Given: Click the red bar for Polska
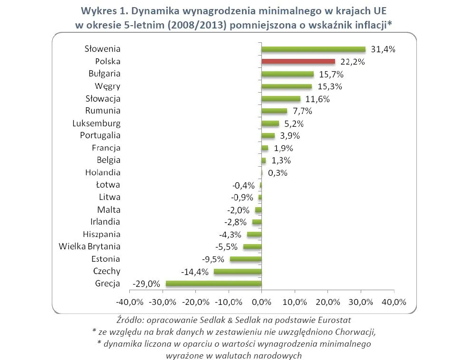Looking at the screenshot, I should click(x=298, y=61).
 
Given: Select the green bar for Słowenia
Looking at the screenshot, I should click(x=313, y=49).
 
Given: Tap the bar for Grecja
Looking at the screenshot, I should click(x=213, y=284).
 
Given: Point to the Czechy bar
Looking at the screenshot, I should click(x=238, y=271).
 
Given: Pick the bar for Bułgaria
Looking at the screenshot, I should click(x=288, y=74).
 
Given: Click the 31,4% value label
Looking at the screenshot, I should click(x=383, y=49).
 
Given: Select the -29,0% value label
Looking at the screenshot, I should click(x=145, y=284).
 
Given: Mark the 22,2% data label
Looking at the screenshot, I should click(x=352, y=62).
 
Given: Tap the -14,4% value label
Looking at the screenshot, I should click(x=194, y=272).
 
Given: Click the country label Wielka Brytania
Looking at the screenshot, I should click(x=89, y=246).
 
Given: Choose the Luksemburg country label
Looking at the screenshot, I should click(x=96, y=123).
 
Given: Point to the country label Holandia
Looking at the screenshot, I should click(x=103, y=172).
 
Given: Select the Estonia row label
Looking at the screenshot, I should click(x=106, y=259).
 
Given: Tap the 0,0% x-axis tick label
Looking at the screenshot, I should click(x=261, y=302).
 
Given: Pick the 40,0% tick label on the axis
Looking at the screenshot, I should click(x=394, y=302).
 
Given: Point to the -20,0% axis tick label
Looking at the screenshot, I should click(x=196, y=302).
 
